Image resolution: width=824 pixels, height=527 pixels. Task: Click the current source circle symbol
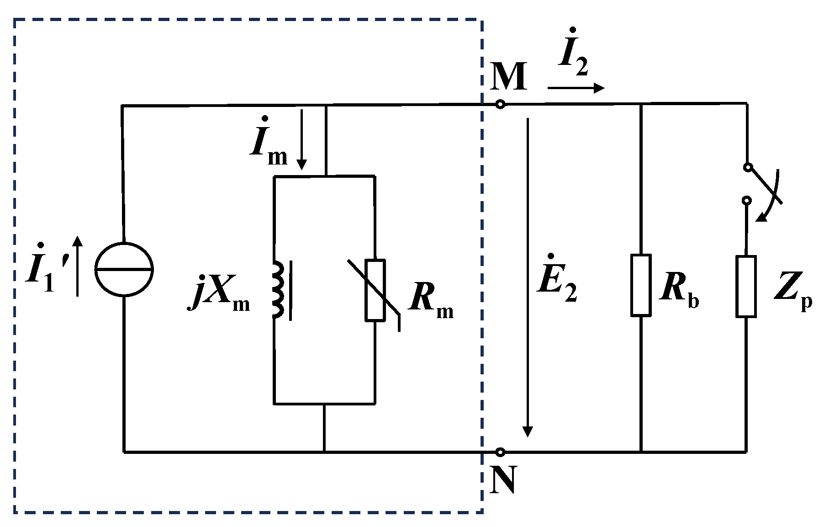click(x=124, y=269)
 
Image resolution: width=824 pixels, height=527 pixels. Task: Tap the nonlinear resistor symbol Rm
click(x=375, y=290)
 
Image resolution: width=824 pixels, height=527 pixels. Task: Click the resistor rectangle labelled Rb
click(x=641, y=285)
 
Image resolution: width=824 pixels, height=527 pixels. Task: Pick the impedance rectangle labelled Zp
click(x=746, y=286)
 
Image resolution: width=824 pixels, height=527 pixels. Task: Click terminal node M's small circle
click(x=500, y=105)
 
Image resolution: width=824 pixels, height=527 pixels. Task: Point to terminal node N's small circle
click(x=500, y=452)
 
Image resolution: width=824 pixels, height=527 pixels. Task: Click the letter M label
click(x=508, y=78)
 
